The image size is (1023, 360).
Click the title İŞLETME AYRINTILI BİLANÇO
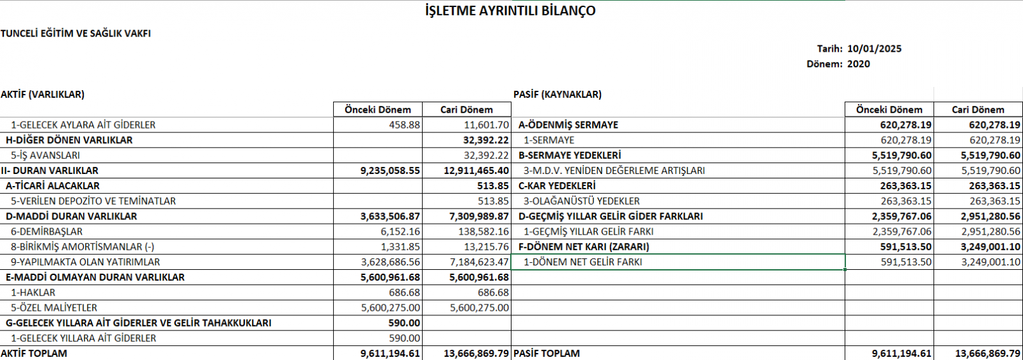pyautogui.click(x=510, y=11)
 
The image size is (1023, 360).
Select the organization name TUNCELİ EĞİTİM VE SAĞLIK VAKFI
pyautogui.click(x=76, y=33)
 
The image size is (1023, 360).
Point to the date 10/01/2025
pyautogui.click(x=874, y=49)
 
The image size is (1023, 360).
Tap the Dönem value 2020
pyautogui.click(x=858, y=64)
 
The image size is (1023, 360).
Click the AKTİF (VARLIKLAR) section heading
pyautogui.click(x=43, y=95)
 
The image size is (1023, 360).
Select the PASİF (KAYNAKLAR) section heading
pyautogui.click(x=558, y=95)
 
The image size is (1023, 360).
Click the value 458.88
pyautogui.click(x=404, y=125)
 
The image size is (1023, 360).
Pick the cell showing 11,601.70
pyautogui.click(x=487, y=125)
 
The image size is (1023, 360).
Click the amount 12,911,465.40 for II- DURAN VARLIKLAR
pyautogui.click(x=476, y=171)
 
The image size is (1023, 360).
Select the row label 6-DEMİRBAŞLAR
pyautogui.click(x=47, y=231)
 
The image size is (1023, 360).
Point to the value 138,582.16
pyautogui.click(x=483, y=231)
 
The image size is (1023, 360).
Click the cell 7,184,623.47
pyautogui.click(x=479, y=262)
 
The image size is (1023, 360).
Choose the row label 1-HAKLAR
pyautogui.click(x=33, y=293)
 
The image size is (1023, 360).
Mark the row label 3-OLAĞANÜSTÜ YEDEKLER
pyautogui.click(x=581, y=201)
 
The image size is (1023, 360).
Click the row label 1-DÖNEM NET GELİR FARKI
pyautogui.click(x=582, y=262)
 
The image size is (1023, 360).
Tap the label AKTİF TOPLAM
pyautogui.click(x=34, y=354)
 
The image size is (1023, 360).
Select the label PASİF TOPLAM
pyautogui.click(x=547, y=354)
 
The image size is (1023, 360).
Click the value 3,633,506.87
pyautogui.click(x=390, y=217)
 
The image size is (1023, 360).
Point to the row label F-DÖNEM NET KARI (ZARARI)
pyautogui.click(x=584, y=247)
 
